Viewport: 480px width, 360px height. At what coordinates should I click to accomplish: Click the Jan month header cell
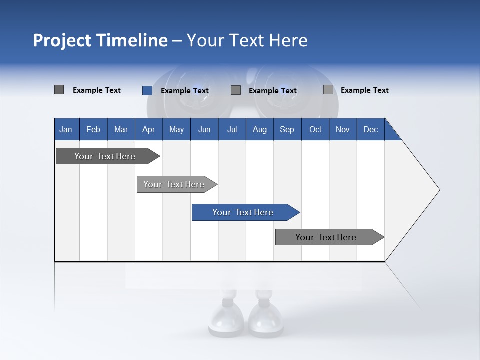click(x=66, y=129)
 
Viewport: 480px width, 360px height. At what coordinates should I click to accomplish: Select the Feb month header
click(x=93, y=129)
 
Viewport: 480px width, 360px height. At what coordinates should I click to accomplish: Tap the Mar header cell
click(x=121, y=129)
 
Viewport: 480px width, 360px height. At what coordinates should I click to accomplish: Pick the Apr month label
click(x=149, y=129)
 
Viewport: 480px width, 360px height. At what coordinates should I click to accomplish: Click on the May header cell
click(x=176, y=129)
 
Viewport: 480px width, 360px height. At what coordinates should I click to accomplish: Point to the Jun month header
click(x=204, y=129)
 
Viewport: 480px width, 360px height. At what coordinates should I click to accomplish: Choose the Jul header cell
click(x=232, y=129)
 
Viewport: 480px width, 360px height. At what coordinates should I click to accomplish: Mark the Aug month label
click(x=260, y=129)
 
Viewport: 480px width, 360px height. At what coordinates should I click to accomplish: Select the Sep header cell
click(x=287, y=129)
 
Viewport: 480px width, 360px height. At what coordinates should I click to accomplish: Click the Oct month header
click(x=315, y=129)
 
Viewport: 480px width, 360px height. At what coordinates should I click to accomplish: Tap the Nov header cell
click(x=343, y=129)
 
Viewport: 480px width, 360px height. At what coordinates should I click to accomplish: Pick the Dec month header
click(x=371, y=129)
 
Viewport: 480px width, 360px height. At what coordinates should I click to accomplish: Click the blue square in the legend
click(x=147, y=90)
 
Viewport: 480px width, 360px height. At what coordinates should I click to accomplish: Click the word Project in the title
click(x=62, y=40)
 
